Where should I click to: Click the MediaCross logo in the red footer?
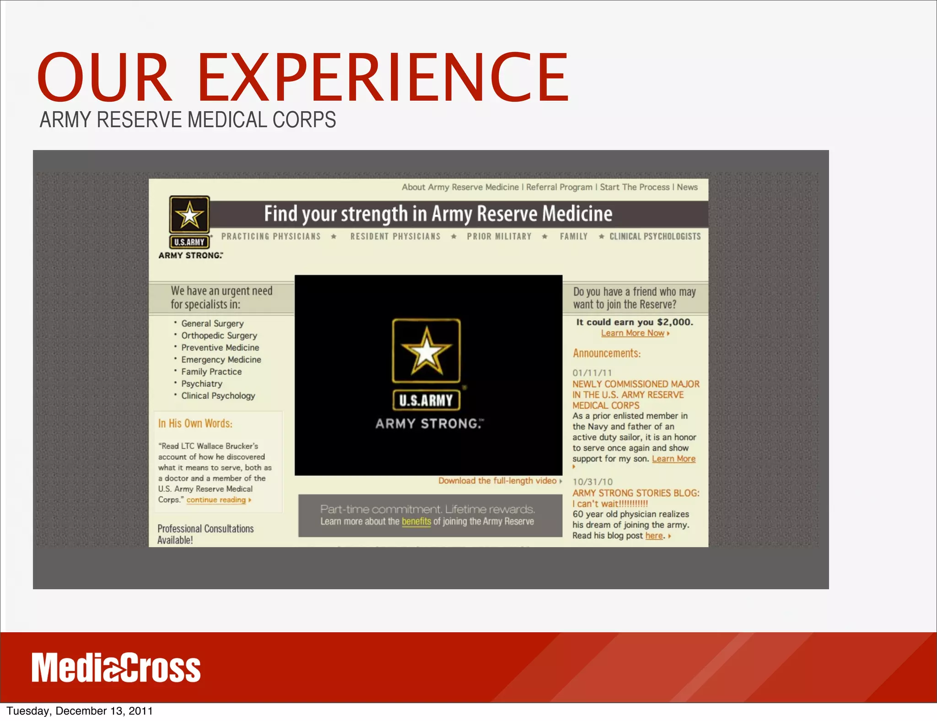(x=116, y=667)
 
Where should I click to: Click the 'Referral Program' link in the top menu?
(x=559, y=187)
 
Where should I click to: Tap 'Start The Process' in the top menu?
(x=635, y=187)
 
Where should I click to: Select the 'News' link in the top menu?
(x=687, y=187)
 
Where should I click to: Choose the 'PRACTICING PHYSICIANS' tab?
(x=271, y=237)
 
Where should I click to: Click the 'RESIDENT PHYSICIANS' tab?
(x=395, y=237)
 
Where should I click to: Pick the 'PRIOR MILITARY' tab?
(x=499, y=237)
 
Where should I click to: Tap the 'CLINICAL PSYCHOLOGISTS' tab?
(x=655, y=237)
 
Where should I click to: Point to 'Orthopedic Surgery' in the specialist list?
(x=219, y=335)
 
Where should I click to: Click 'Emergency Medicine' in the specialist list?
(x=221, y=360)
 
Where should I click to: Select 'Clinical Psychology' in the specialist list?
(x=218, y=396)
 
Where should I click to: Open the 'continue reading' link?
(x=216, y=500)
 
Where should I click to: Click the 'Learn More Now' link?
(x=633, y=334)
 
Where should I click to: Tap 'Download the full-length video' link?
(x=497, y=481)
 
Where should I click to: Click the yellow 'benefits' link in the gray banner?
(x=416, y=522)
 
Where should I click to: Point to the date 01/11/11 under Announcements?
(x=592, y=373)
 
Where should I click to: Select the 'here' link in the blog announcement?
(x=654, y=536)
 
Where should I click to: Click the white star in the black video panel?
(x=426, y=352)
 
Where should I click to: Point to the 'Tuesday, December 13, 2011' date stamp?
(x=80, y=711)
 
